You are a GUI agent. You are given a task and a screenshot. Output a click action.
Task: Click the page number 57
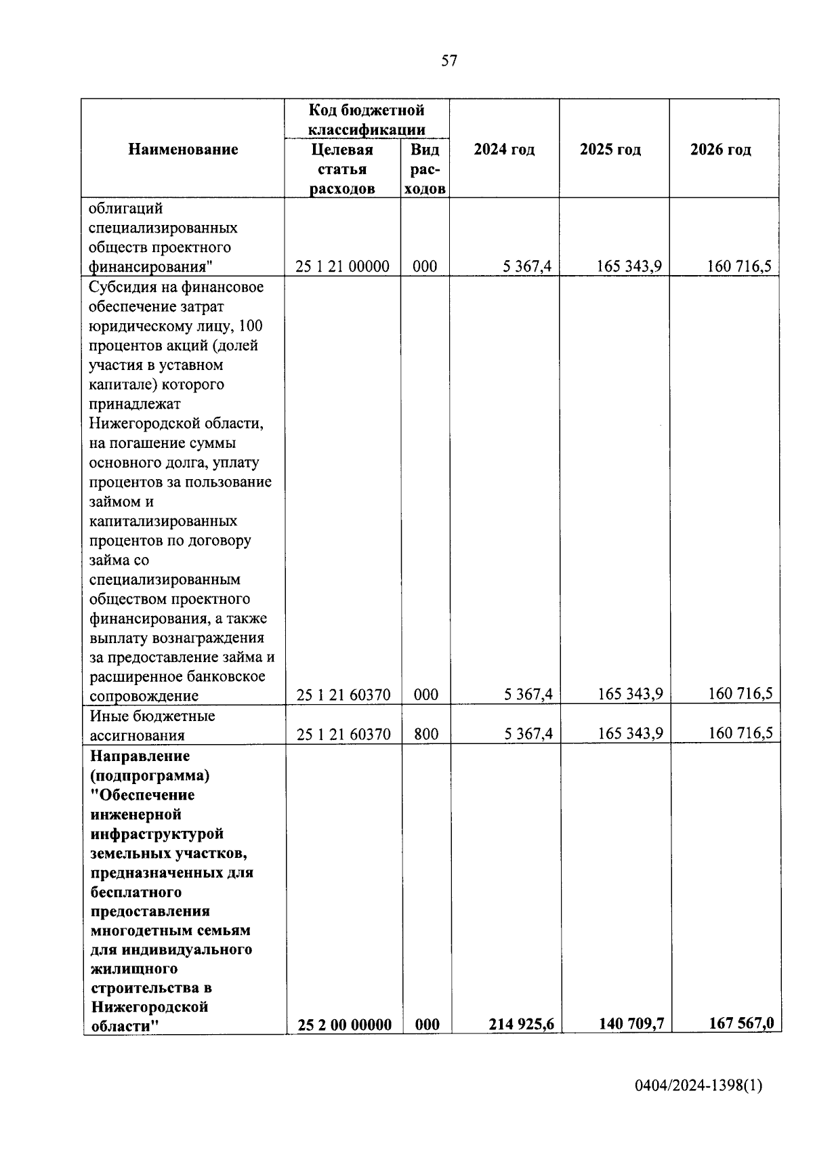pos(449,61)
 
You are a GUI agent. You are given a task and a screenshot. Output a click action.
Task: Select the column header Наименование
pos(183,149)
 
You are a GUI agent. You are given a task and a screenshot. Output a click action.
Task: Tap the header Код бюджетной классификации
pos(367,119)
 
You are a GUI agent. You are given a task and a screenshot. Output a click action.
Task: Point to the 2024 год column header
pos(504,149)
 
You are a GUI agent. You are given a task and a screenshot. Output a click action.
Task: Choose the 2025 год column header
pos(610,149)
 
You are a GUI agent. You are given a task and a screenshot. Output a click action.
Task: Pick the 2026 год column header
pos(720,149)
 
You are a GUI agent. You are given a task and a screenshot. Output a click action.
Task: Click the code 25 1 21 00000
pos(342,267)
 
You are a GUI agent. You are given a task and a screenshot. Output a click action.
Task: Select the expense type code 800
pos(426,734)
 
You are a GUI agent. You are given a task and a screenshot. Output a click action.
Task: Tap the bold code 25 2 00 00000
pos(344,1025)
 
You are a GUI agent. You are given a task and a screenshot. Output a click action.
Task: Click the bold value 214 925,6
pos(522,1024)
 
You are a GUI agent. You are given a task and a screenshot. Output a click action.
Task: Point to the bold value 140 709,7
pos(631,1023)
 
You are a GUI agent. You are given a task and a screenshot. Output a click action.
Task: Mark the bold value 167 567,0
pos(741,1023)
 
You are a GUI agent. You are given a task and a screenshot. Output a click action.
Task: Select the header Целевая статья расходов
pos(342,169)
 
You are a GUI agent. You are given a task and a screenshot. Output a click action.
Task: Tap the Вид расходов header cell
pos(425,169)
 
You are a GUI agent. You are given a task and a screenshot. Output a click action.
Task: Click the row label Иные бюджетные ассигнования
pos(152,725)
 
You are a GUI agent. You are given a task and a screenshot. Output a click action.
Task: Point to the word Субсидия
pos(121,287)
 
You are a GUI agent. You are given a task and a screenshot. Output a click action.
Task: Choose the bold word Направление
pos(140,756)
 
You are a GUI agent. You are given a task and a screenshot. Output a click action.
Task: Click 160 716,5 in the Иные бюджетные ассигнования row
pos(740,733)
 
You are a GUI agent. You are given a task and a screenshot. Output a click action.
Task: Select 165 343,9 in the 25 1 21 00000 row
pos(629,266)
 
